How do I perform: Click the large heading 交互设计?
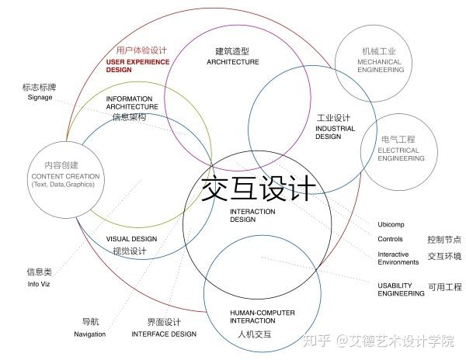(x=259, y=189)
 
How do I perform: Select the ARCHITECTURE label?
(x=233, y=62)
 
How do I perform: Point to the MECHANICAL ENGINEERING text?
(x=381, y=66)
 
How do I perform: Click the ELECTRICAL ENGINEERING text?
(x=398, y=154)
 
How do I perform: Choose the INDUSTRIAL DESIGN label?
(x=329, y=132)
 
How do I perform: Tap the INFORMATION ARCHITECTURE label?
(x=132, y=103)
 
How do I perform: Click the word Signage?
(x=40, y=98)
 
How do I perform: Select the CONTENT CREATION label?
(x=65, y=176)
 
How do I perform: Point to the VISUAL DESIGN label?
(x=131, y=239)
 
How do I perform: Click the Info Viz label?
(x=39, y=285)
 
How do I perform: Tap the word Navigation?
(x=90, y=334)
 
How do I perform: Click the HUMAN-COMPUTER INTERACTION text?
(x=253, y=317)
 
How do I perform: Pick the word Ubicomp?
(x=391, y=224)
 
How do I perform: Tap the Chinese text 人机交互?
(x=254, y=335)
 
